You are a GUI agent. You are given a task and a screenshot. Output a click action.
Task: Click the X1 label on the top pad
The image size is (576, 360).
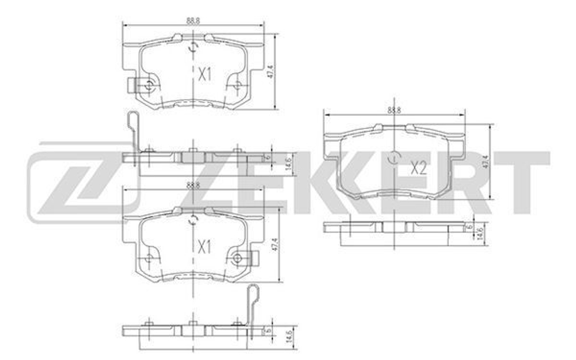coord(205,74)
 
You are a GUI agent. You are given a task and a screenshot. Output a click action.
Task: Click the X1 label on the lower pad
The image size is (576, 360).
coord(205,247)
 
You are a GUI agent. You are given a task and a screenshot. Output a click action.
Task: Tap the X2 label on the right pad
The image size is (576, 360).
coord(418,168)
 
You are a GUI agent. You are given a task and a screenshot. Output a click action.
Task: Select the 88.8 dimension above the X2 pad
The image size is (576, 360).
coord(394,109)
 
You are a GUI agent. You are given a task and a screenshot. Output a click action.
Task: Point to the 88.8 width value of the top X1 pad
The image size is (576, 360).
coord(193,20)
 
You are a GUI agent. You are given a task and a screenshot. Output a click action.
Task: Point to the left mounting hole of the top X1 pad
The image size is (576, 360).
coord(149,86)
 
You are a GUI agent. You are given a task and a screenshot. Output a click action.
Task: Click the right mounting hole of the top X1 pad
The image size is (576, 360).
coord(237,85)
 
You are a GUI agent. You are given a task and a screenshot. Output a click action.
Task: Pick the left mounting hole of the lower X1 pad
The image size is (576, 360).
coord(149,258)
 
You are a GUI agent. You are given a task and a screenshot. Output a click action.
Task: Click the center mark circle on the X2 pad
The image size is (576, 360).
coord(393,157)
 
